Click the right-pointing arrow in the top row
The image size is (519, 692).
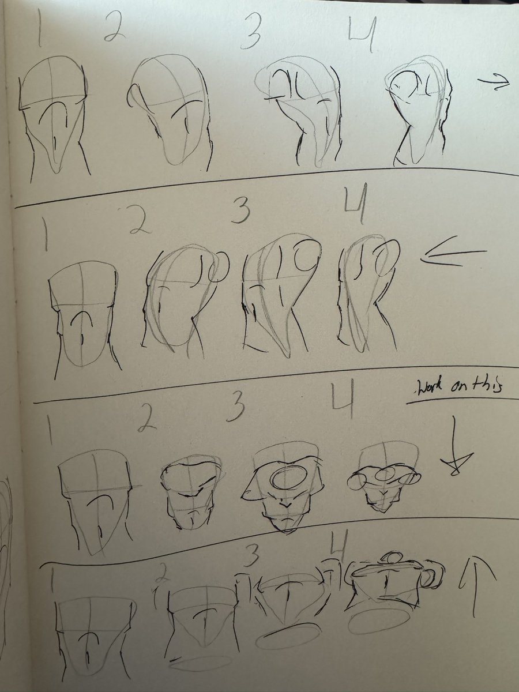493,82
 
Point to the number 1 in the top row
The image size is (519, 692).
39,28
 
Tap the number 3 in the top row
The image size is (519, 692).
250,33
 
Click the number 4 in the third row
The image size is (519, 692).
343,398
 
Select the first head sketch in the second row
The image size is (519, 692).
84,320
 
